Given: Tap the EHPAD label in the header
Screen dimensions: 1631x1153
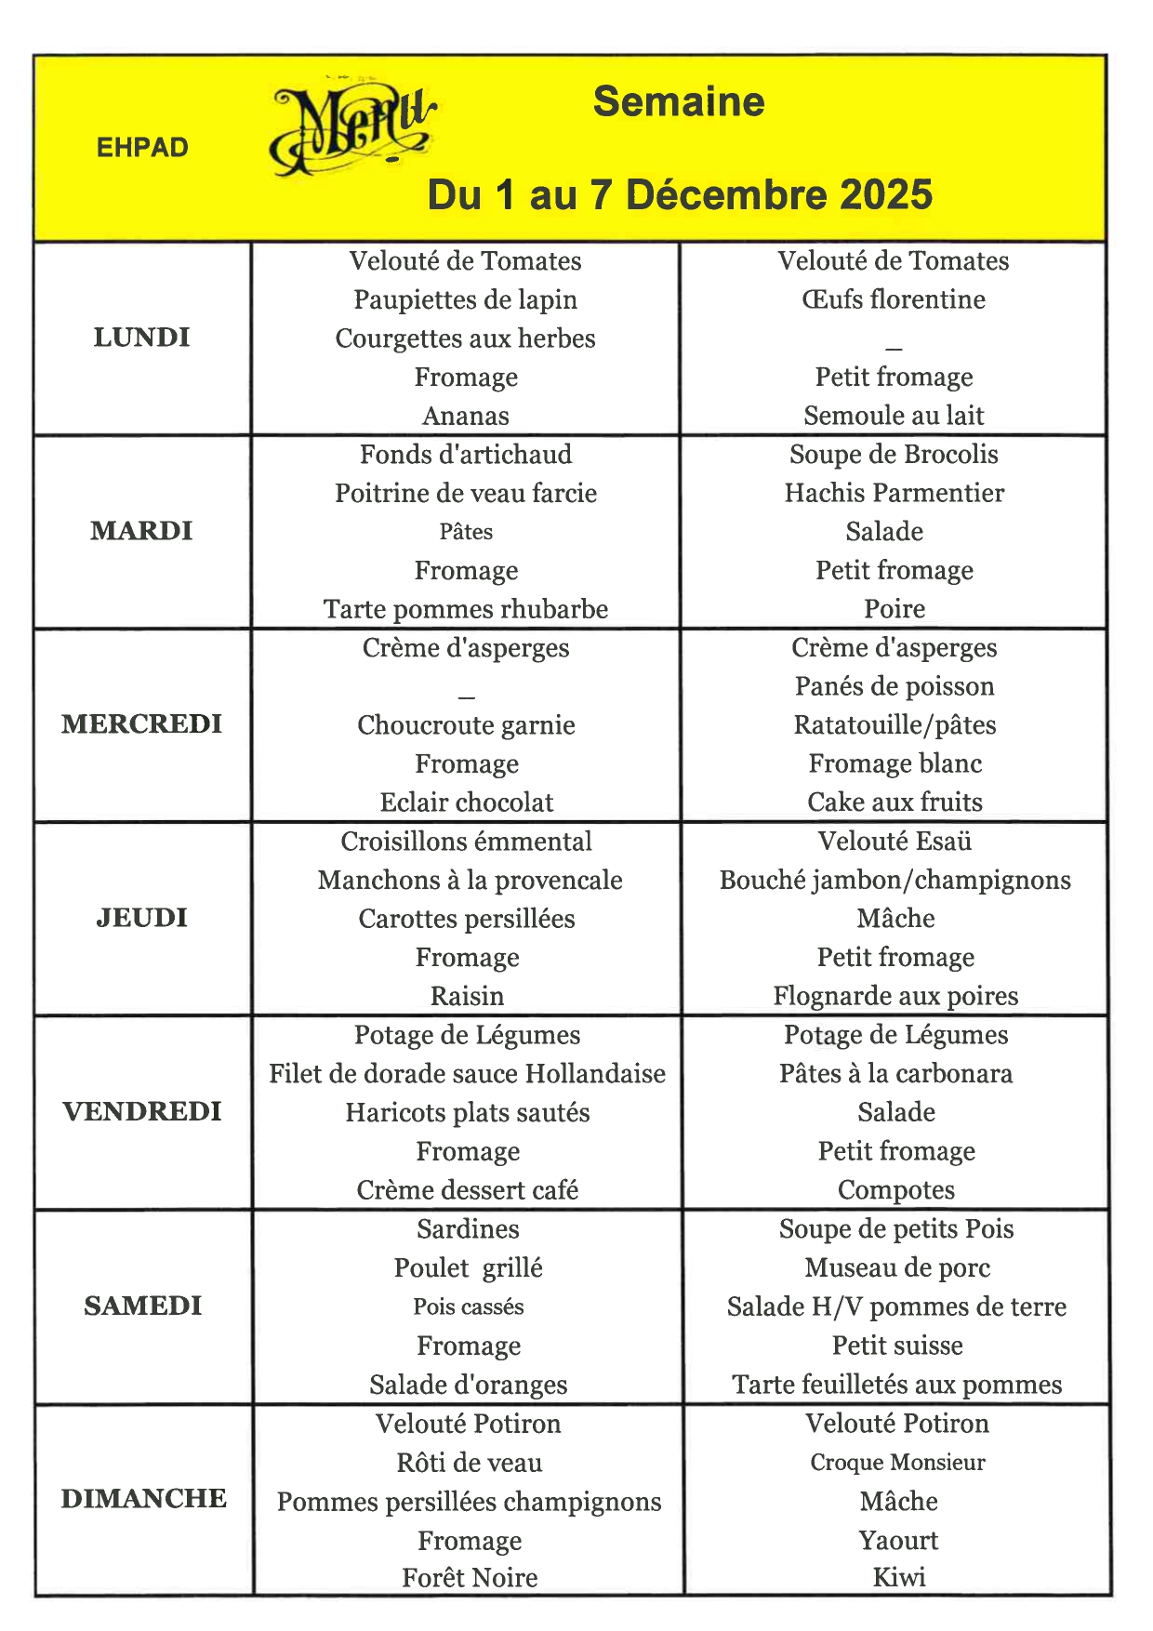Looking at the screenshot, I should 142,147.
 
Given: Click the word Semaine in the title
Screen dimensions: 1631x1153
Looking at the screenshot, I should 679,101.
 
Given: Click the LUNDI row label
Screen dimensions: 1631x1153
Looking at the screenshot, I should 141,338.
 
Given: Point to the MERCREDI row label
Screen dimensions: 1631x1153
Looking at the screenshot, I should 141,724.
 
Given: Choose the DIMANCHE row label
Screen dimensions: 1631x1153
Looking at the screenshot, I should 143,1498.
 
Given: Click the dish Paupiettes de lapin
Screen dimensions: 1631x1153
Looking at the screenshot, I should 465,299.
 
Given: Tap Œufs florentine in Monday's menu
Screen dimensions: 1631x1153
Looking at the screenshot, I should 893,299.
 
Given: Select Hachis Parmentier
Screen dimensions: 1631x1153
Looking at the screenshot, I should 894,493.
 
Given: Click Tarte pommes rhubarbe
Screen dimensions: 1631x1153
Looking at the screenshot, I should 465,609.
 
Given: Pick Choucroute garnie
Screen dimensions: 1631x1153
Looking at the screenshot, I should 466,725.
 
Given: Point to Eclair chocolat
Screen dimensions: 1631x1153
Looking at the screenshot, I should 466,802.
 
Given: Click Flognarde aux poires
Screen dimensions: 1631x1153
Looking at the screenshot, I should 895,996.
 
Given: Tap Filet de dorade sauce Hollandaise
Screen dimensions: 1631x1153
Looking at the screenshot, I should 467,1074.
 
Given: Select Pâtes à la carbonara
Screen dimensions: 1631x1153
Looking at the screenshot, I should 895,1074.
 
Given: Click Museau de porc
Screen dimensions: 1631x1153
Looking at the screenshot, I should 897,1267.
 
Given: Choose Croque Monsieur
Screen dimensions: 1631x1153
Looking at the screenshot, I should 897,1462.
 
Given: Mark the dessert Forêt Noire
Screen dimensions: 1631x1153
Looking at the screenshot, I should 470,1577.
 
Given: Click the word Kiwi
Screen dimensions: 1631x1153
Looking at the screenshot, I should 898,1577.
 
